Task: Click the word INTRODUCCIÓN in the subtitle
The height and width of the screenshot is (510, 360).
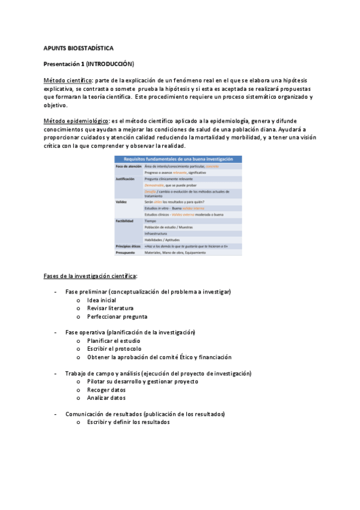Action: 110,63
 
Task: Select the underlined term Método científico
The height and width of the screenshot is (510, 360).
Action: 68,80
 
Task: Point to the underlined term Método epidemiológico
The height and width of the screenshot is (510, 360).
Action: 76,121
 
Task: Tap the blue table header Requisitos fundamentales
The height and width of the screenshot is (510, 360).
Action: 178,159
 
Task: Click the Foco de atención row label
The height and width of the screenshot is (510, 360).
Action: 128,166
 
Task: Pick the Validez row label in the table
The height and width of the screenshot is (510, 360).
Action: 122,201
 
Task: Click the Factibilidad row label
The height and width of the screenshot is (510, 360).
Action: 126,221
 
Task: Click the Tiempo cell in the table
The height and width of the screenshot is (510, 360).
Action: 151,221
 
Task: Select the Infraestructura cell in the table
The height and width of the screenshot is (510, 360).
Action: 157,233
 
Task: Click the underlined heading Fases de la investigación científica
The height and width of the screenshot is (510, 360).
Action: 90,275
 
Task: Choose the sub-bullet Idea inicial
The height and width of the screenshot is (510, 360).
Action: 102,300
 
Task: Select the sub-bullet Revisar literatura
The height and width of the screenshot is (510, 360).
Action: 110,308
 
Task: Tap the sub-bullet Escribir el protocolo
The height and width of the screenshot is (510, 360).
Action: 114,349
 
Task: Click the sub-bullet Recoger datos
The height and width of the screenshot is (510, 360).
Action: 106,390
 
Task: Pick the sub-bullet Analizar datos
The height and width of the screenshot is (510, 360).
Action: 106,398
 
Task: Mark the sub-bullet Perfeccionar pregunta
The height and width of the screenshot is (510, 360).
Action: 117,316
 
